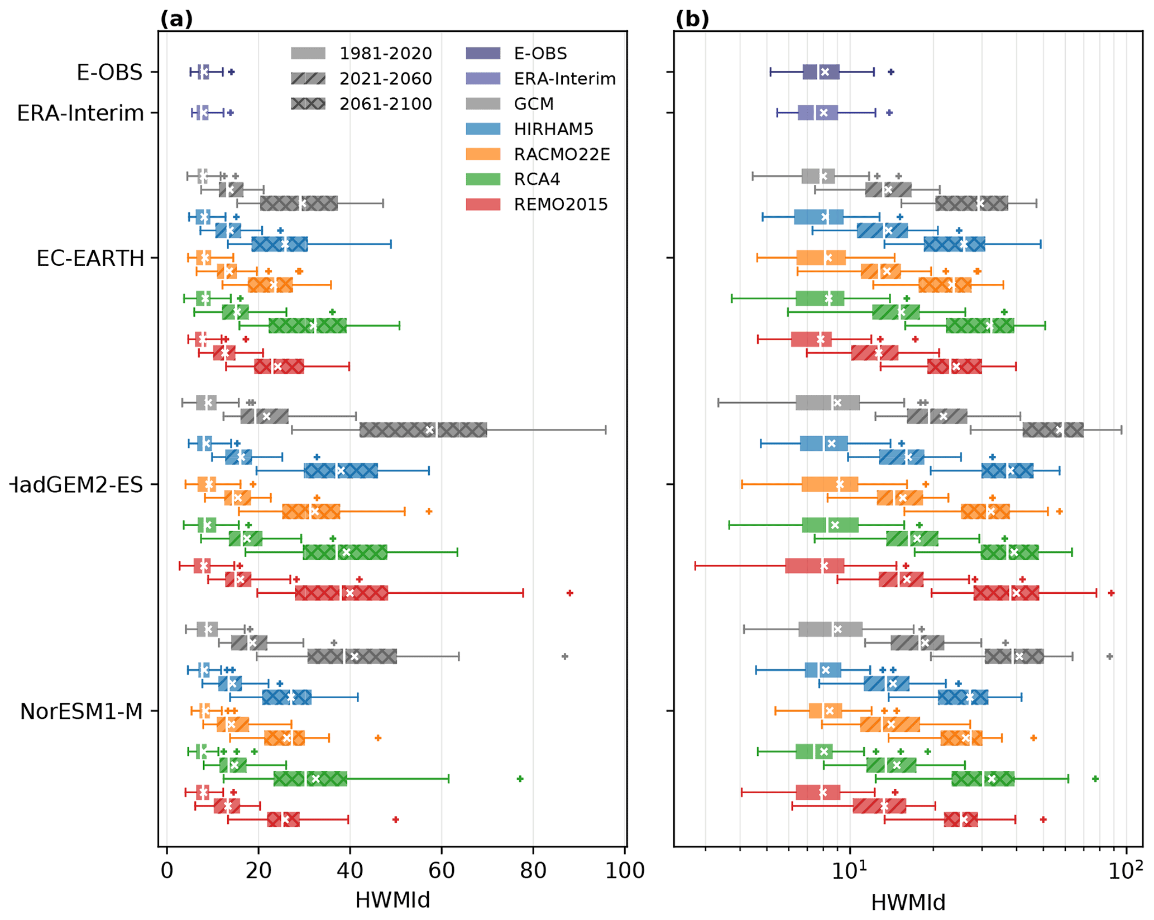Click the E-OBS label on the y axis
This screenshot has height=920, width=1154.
(109, 73)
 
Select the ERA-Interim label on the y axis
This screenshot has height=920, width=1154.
(80, 113)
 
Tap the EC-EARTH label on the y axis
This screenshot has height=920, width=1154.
(90, 259)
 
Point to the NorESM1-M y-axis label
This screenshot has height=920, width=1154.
(82, 712)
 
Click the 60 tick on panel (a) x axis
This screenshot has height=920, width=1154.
(441, 870)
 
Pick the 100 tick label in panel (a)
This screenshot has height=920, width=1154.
(624, 870)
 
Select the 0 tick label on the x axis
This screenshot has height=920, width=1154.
(166, 870)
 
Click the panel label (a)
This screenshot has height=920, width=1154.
(176, 19)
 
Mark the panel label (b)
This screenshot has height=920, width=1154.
(692, 19)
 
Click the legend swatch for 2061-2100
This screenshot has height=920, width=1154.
(308, 104)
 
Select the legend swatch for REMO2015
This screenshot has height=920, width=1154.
(483, 204)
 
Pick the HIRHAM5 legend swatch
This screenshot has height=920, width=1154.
(483, 129)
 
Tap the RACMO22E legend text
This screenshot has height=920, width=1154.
(562, 154)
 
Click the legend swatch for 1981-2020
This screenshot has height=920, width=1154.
(308, 54)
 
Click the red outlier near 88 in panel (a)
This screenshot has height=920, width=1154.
(569, 593)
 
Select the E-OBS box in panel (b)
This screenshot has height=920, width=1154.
(821, 72)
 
